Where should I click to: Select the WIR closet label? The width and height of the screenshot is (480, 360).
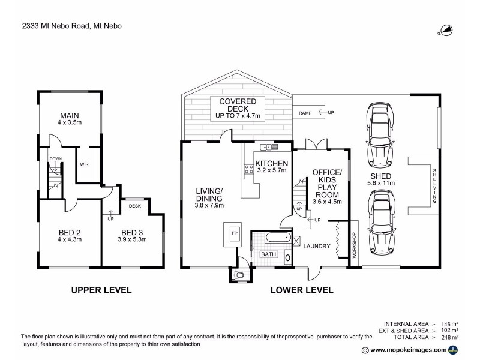85,163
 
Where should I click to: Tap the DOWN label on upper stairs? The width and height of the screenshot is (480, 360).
55,159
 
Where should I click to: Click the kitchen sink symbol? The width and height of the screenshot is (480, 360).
265,147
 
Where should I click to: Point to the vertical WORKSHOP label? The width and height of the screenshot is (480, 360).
354,245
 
